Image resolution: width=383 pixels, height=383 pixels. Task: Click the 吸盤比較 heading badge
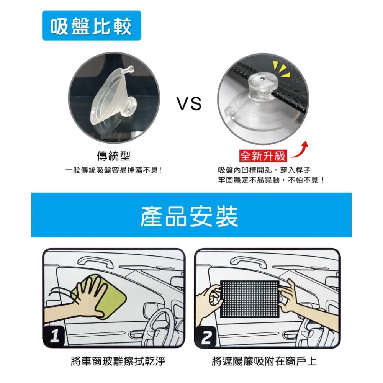coord(92,25)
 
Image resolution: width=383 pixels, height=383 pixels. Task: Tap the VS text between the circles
coord(189,103)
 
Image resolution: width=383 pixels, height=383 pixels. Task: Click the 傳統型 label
coord(114,156)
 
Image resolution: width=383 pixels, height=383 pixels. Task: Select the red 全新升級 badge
coord(263,156)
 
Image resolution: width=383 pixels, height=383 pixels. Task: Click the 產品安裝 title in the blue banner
coord(189,216)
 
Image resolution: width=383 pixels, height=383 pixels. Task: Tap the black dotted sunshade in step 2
coord(250,299)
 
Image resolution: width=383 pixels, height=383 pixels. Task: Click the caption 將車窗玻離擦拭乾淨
coord(118,361)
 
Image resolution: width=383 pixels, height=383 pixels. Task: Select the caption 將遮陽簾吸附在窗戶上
coord(264,361)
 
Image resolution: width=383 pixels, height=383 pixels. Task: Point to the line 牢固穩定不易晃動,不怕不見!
coord(272,180)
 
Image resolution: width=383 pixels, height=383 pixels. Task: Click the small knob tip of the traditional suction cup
coord(131,69)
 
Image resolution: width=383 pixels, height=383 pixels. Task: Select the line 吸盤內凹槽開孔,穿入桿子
coord(264,170)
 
